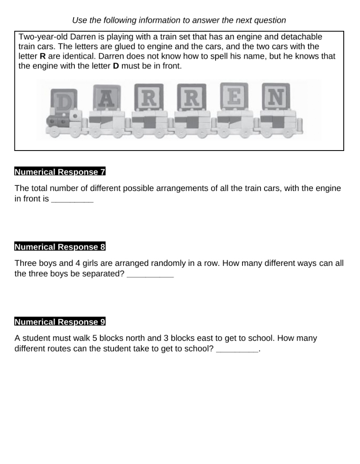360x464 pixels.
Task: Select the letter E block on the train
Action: point(234,96)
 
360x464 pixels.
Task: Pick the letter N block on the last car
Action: point(276,96)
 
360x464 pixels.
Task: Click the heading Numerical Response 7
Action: point(60,172)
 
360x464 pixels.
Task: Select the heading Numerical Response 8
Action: point(60,247)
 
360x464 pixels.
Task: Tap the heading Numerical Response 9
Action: point(60,322)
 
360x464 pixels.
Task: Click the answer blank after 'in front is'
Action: point(72,199)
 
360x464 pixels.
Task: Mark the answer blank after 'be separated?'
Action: point(150,274)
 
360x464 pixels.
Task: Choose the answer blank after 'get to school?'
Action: point(237,349)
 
